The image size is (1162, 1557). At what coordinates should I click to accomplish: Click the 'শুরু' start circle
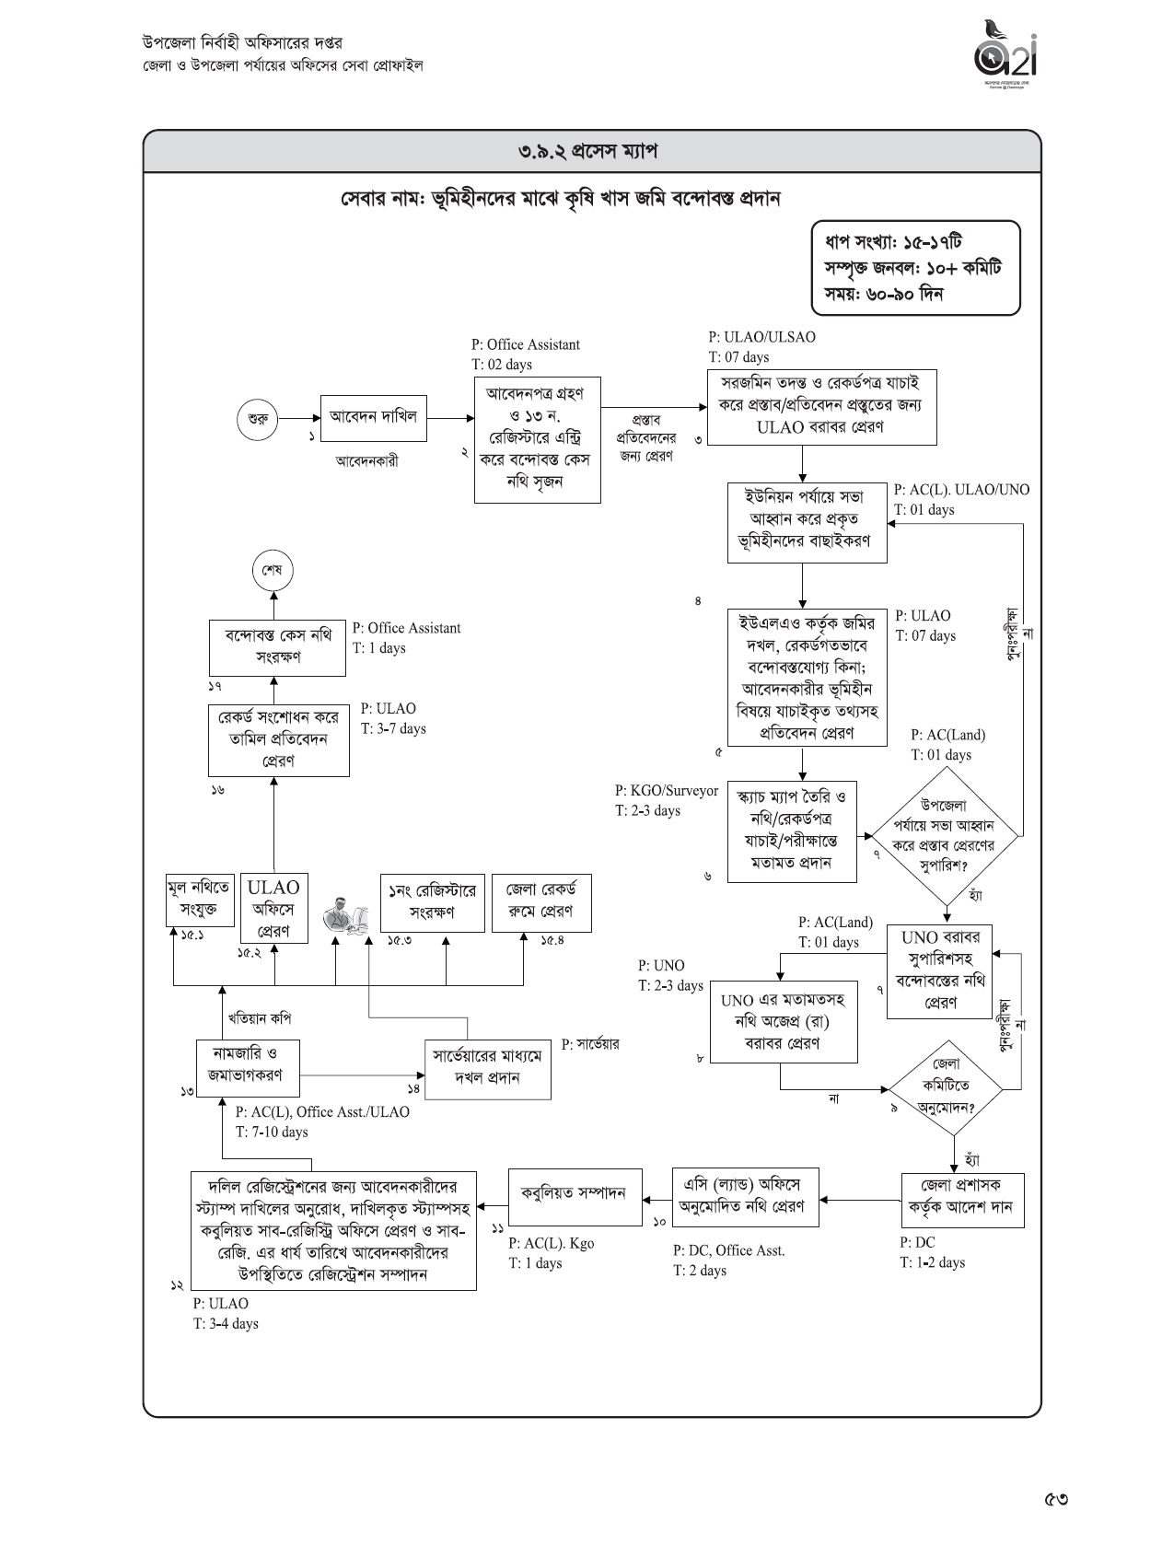pos(258,419)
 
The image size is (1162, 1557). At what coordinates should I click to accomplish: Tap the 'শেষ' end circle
pos(273,570)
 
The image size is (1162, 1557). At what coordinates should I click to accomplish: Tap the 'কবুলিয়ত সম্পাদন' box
pos(575,1197)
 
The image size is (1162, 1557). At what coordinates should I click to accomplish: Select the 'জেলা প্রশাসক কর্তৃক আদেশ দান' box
pos(962,1198)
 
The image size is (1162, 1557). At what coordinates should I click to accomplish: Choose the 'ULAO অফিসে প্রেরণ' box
pos(273,908)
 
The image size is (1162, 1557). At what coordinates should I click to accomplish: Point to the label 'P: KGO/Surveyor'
pos(666,791)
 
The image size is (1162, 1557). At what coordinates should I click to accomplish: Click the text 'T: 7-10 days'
pos(272,1132)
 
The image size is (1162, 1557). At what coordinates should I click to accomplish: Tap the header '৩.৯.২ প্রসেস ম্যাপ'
pos(592,151)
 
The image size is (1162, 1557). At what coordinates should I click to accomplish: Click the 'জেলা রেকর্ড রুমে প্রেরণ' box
pos(540,902)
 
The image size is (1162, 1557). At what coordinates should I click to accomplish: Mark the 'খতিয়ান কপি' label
pos(260,1019)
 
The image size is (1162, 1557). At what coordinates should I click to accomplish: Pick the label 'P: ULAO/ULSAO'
pos(761,337)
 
